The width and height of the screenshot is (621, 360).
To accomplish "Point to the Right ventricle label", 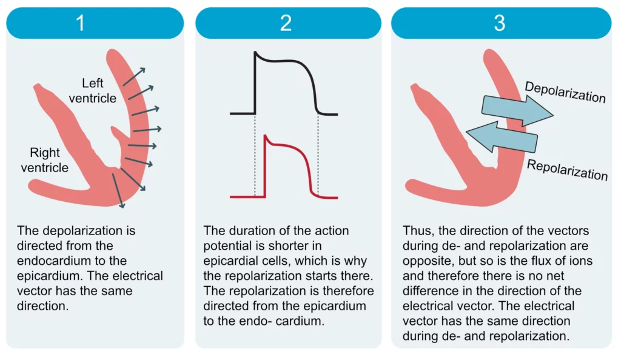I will [44, 160].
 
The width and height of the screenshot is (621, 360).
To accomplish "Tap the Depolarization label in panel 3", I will [565, 92].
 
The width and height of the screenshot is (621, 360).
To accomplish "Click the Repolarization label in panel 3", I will [567, 170].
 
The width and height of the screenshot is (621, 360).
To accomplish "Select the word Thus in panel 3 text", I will [415, 231].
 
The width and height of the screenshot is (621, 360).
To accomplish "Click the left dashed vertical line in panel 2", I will [255, 155].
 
